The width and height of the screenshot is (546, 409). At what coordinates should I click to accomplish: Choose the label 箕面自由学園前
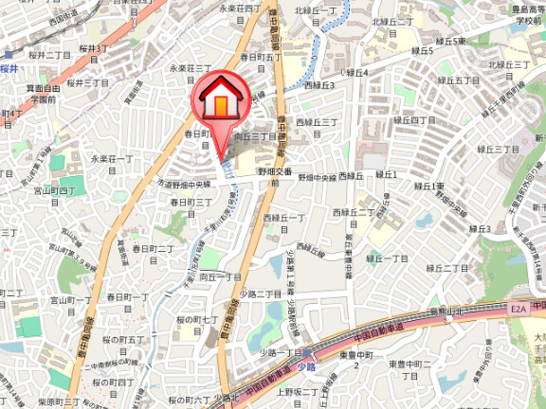44,93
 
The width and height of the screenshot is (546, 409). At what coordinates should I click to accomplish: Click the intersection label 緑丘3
319,85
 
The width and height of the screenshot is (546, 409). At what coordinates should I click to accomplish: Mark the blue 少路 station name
304,365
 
